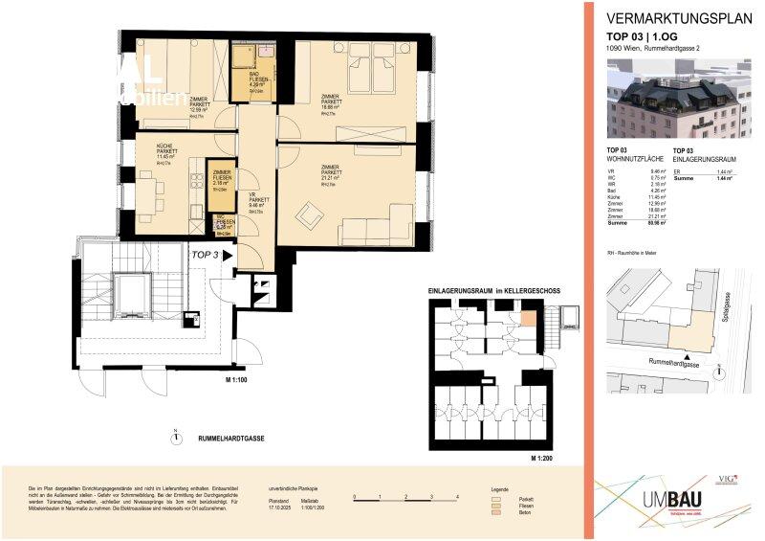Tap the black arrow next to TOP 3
[227, 256]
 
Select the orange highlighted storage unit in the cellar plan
[528, 319]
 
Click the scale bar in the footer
[405, 498]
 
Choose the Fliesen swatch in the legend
[495, 507]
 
